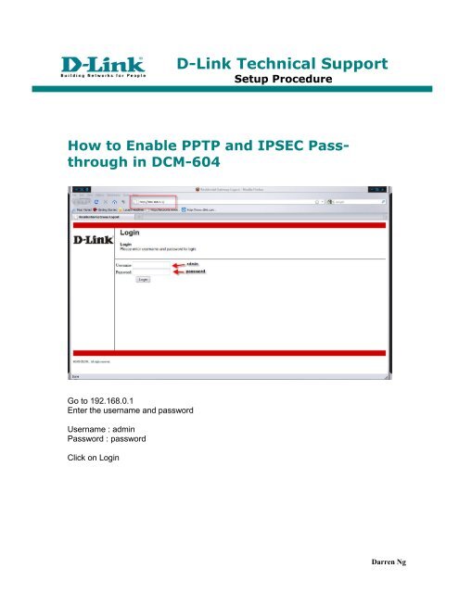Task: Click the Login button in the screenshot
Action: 144,278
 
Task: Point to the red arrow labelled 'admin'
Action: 178,264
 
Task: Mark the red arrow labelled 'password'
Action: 178,271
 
